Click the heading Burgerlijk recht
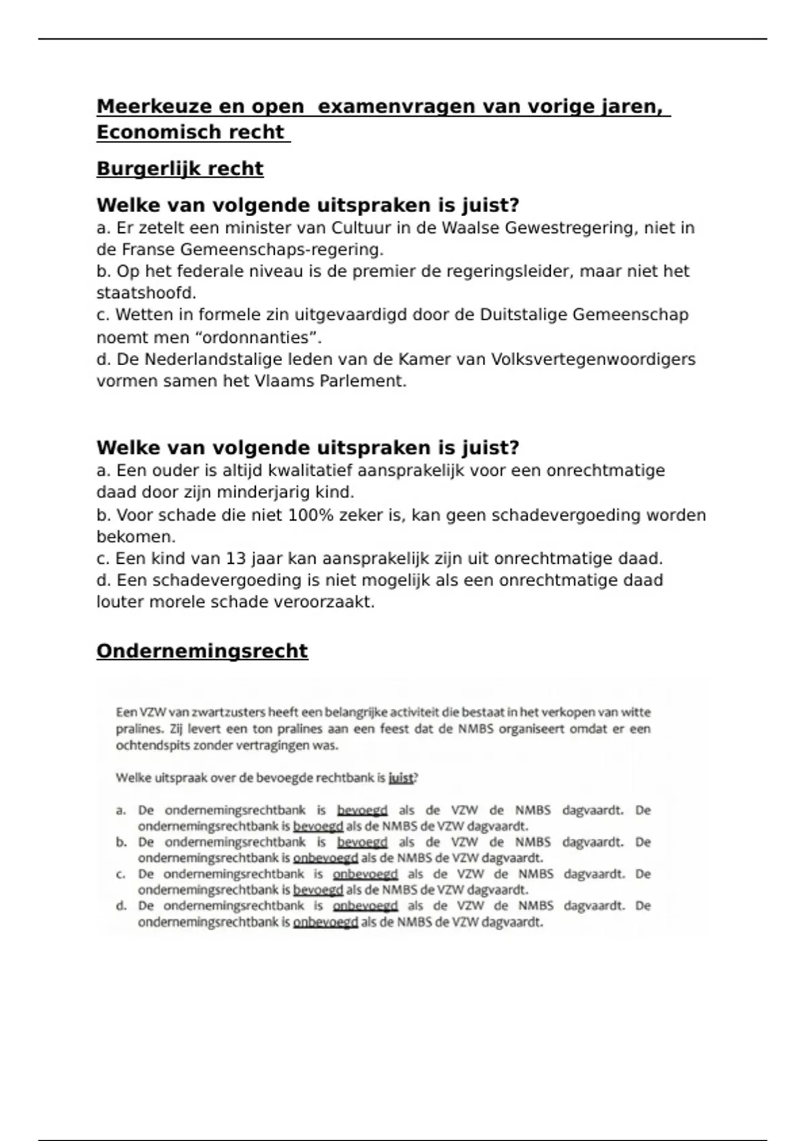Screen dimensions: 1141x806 [x=180, y=168]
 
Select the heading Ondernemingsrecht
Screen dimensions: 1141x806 [x=202, y=651]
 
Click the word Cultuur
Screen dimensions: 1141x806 [x=361, y=228]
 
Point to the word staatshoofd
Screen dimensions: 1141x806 [x=146, y=293]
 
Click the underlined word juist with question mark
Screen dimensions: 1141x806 [x=401, y=778]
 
